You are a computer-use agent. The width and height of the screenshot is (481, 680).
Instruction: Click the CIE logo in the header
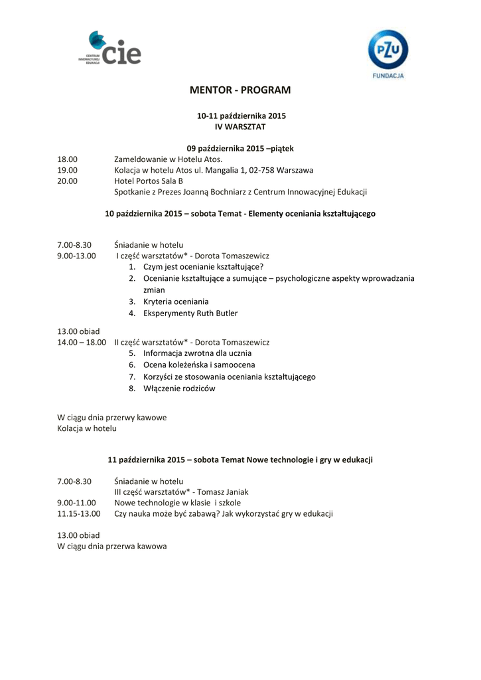click(x=109, y=48)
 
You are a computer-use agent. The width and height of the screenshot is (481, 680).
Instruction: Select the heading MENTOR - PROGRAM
click(x=240, y=90)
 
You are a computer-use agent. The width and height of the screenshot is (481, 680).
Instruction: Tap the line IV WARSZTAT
click(x=240, y=126)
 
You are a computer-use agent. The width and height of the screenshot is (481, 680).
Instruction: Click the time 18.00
click(x=67, y=159)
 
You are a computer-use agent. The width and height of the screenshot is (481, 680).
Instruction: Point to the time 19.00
click(x=67, y=170)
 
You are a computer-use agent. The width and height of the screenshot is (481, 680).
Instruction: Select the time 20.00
click(x=67, y=181)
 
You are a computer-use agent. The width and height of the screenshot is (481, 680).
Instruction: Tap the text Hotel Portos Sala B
click(x=149, y=181)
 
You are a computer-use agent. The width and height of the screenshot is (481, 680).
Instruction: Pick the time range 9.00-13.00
click(x=76, y=256)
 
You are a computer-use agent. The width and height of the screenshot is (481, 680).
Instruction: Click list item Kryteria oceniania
click(x=176, y=301)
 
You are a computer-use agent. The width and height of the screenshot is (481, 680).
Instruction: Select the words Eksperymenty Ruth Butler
click(x=190, y=313)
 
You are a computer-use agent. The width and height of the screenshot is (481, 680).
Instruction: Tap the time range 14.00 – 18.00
click(x=82, y=342)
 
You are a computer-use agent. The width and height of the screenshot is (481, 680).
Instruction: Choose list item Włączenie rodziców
click(x=179, y=388)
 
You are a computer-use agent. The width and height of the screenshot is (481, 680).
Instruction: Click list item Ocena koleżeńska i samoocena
click(x=199, y=365)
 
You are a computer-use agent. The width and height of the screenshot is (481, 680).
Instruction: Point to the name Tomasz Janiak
click(x=224, y=492)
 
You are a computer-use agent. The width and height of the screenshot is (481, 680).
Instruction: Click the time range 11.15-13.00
click(x=79, y=513)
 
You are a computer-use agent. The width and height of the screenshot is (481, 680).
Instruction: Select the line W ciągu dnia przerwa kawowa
click(x=112, y=546)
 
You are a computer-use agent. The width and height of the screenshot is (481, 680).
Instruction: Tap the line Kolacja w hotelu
click(x=87, y=428)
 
